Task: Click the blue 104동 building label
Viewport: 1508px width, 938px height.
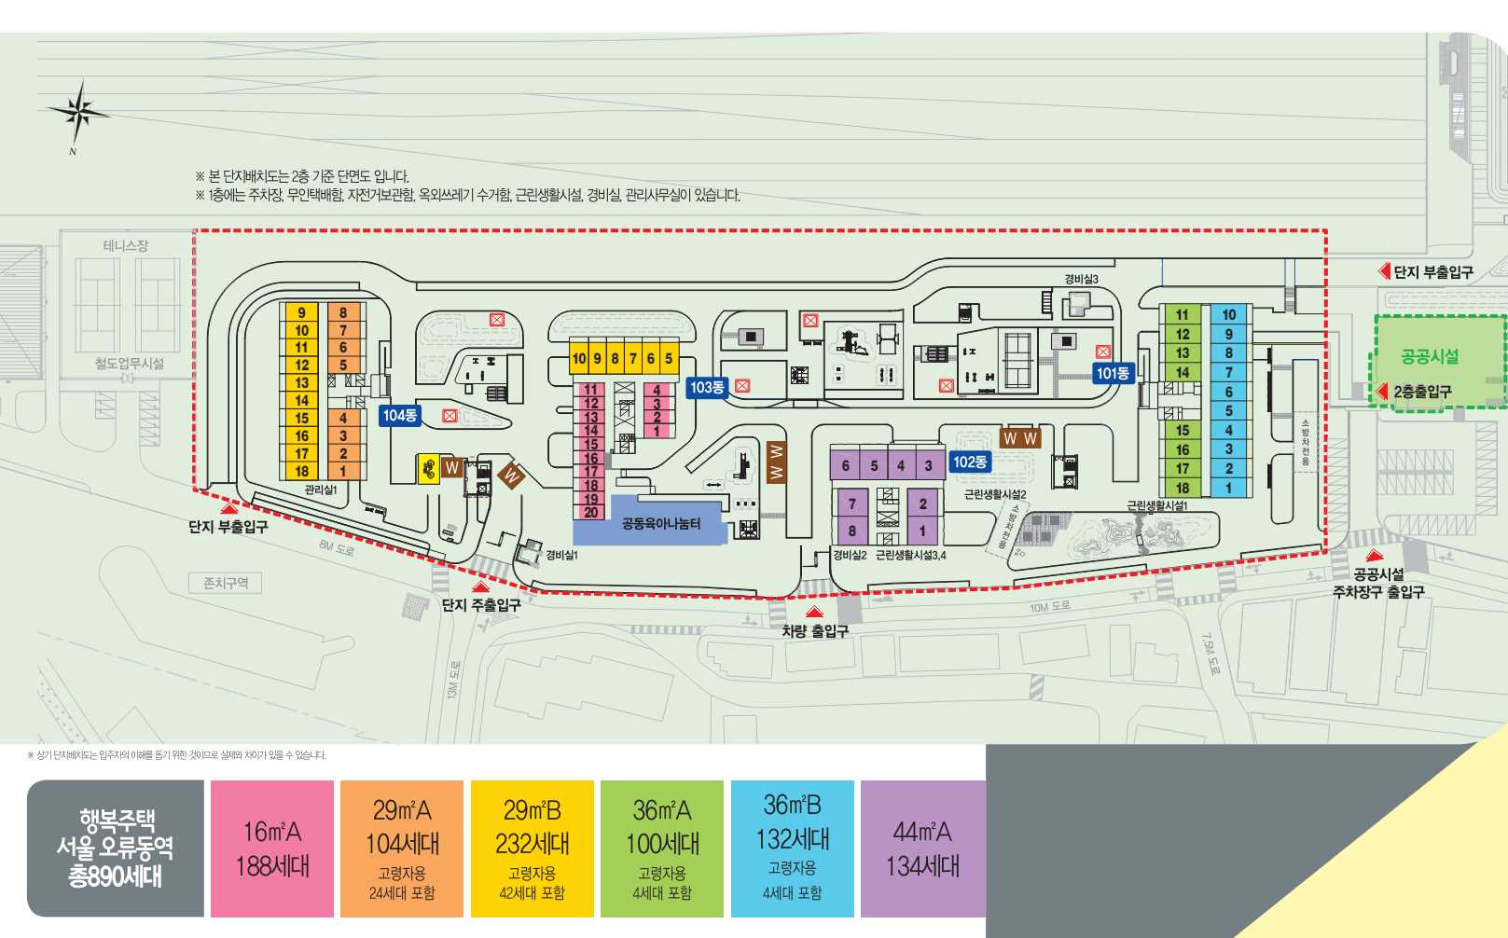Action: point(399,415)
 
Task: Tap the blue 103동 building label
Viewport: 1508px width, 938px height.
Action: point(707,387)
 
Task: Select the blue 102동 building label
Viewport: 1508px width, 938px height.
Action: point(970,462)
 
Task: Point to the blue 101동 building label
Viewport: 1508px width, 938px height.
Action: point(1113,373)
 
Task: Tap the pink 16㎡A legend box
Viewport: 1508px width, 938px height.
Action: point(272,848)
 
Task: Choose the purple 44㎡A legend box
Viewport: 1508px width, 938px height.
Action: point(922,848)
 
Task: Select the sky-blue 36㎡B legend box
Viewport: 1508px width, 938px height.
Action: point(792,848)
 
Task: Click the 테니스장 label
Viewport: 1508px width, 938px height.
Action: point(125,245)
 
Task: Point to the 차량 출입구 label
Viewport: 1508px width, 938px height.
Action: point(815,631)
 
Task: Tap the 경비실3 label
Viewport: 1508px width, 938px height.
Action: point(1081,279)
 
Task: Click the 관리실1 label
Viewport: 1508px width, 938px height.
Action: point(320,490)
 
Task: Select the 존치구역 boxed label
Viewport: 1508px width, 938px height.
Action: point(226,583)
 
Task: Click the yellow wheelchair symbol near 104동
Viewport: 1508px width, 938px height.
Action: point(428,468)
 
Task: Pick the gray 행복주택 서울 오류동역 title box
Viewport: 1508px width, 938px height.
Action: point(115,848)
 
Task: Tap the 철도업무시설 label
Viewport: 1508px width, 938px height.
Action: point(129,363)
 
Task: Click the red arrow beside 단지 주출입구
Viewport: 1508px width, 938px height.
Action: point(481,586)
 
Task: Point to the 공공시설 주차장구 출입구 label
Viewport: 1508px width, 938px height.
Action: point(1377,583)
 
